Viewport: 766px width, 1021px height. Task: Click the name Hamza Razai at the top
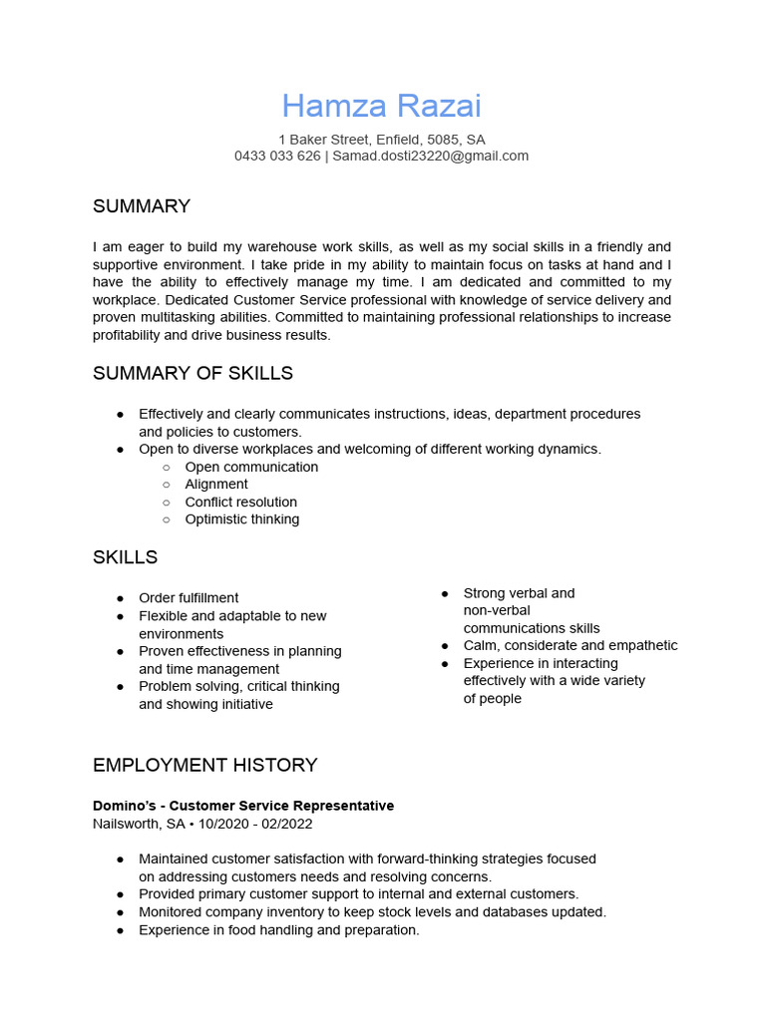[x=381, y=106]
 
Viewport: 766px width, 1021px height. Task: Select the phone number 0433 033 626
[x=277, y=156]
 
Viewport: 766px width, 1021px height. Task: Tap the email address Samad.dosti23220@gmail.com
[x=430, y=156]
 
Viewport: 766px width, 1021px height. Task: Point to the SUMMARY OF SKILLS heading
[x=192, y=373]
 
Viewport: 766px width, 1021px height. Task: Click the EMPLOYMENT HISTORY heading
[x=204, y=765]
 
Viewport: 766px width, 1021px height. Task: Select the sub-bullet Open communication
[x=251, y=467]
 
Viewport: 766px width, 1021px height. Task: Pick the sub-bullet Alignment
[x=216, y=484]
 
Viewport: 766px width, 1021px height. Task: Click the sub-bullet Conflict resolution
[x=240, y=502]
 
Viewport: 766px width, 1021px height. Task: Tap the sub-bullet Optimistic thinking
[x=241, y=519]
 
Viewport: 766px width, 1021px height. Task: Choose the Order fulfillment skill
[x=189, y=598]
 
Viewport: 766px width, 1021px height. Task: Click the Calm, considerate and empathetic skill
[x=570, y=645]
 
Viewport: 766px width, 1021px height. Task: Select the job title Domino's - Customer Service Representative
[x=243, y=806]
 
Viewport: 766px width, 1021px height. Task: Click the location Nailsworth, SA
[x=139, y=824]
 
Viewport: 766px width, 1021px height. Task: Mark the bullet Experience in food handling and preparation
[x=278, y=929]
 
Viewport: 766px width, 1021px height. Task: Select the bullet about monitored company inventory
[x=372, y=911]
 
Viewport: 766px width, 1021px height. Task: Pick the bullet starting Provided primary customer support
[x=358, y=894]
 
